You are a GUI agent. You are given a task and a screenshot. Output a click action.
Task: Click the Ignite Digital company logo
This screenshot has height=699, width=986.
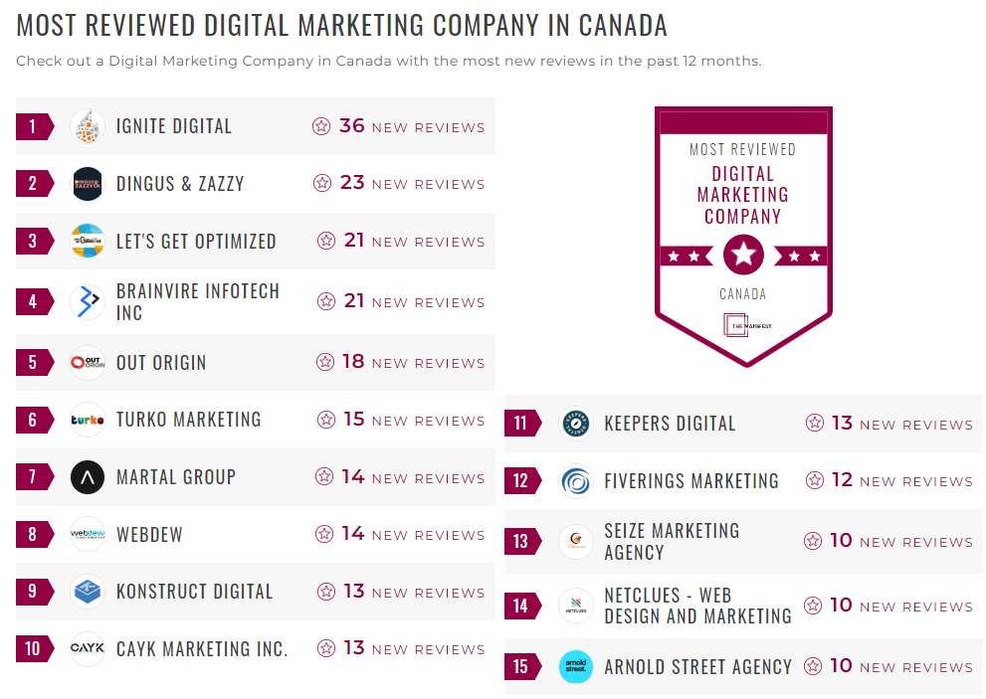[88, 126]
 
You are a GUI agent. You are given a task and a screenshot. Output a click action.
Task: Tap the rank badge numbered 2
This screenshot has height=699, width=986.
[34, 184]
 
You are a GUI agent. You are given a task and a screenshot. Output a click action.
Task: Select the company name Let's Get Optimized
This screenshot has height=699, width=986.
[196, 242]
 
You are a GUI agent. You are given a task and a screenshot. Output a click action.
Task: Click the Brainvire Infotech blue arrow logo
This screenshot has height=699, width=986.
[88, 301]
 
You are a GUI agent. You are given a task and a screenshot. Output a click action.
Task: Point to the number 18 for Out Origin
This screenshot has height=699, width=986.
[353, 362]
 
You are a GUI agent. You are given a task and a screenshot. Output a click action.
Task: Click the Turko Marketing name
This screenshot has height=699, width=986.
[188, 420]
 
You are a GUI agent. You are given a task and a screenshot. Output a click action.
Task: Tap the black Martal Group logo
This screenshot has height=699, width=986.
[88, 477]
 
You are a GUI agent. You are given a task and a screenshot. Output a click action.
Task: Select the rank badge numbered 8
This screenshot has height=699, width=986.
[34, 535]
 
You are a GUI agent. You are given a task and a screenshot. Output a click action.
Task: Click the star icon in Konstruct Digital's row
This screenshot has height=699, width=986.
[326, 592]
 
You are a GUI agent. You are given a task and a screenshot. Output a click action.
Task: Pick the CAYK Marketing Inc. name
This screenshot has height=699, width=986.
[202, 649]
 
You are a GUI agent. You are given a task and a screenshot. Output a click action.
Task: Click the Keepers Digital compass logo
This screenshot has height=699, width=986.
[576, 424]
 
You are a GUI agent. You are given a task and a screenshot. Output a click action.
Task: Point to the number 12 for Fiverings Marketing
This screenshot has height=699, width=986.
[842, 480]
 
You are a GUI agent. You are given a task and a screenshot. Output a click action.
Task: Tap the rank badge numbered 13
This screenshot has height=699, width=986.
[521, 542]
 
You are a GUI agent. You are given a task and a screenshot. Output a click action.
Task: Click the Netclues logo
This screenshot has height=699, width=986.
[576, 606]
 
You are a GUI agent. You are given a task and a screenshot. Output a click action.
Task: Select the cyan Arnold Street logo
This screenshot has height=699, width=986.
[576, 666]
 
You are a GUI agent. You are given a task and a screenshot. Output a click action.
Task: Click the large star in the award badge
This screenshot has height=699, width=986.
[743, 256]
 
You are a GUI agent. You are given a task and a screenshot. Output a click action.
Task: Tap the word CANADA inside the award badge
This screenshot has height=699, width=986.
[743, 294]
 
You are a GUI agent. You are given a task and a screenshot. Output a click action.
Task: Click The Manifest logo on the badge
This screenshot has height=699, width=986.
[743, 326]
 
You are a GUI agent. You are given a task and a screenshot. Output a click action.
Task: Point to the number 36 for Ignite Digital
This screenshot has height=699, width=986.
[352, 126]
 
